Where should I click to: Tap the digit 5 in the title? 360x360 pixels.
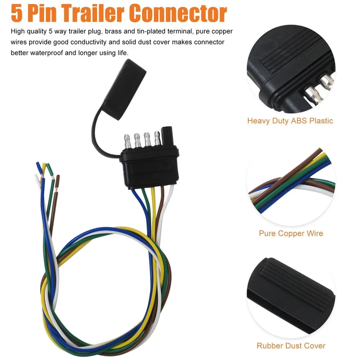(x=16, y=13)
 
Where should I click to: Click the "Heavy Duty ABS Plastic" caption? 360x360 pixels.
(x=290, y=121)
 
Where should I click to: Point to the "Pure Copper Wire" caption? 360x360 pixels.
(x=291, y=234)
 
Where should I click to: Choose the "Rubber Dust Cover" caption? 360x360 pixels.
(x=291, y=346)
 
